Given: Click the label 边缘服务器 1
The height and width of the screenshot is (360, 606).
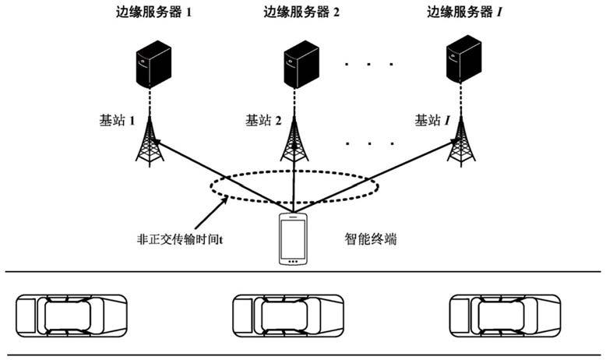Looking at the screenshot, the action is pos(153,12).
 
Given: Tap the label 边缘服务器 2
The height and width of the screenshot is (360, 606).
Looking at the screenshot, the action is pos(301,12).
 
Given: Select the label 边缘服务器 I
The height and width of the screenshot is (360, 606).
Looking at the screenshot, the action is pos(464,12).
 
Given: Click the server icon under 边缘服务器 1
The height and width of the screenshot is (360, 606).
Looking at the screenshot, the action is pos(153,64).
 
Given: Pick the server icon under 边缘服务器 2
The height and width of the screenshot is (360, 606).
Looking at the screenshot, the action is pos(301,64).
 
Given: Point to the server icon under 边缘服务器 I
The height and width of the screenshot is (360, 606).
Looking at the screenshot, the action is pos(463,58).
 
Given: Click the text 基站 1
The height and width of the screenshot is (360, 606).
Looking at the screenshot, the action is pos(117,120).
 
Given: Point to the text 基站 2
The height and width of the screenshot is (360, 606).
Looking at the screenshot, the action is pos(263,120).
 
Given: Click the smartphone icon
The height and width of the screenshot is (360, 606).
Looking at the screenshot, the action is pos(293,239).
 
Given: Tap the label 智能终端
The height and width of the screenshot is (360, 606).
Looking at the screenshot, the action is pos(371,239).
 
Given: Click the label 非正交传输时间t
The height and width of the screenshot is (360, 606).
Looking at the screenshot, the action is pos(180,239).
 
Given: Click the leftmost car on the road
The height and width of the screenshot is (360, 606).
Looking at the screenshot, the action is pos(72,316).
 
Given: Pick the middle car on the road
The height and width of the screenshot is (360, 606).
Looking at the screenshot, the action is pos(288,316).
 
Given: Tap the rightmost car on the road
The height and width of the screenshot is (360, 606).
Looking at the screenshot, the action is pos(505,316).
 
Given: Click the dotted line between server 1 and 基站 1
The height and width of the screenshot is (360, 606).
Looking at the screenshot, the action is pos(150,102).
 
